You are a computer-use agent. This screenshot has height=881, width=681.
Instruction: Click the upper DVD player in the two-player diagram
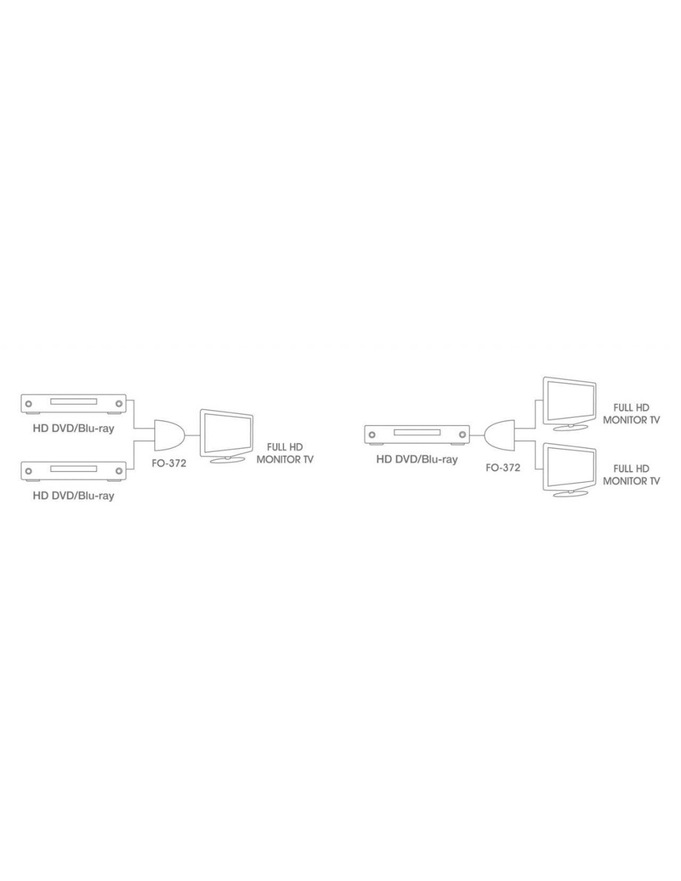pos(73,404)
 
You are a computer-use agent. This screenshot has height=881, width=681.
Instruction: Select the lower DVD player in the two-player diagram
pos(73,471)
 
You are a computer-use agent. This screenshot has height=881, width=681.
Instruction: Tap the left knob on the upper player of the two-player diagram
pos(28,404)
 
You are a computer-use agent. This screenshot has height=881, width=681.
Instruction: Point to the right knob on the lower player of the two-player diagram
pos(118,471)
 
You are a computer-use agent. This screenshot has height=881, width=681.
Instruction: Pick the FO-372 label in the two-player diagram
pos(169,463)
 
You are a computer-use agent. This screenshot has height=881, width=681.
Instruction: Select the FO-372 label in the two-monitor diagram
pos(503,468)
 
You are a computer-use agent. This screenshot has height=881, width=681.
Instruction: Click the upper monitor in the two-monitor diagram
pos(569,403)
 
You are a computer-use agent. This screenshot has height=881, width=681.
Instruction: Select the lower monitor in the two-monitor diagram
pos(569,470)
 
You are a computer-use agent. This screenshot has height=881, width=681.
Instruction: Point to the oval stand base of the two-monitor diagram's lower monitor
pos(570,493)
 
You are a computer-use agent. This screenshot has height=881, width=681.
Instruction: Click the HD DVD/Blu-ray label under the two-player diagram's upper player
pos(73,428)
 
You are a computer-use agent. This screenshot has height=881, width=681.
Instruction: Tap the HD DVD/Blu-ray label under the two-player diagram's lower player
pos(73,496)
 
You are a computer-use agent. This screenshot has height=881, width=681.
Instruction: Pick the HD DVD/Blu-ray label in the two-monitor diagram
pos(417,459)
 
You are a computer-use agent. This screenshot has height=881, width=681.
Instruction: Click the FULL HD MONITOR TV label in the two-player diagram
pos(285,454)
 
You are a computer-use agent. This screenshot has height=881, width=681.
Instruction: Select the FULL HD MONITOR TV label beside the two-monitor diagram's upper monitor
pos(631,413)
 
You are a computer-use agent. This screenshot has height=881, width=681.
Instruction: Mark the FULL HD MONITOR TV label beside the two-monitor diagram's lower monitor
pos(631,475)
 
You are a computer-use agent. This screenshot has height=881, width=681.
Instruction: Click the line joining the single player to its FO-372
pos(477,436)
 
